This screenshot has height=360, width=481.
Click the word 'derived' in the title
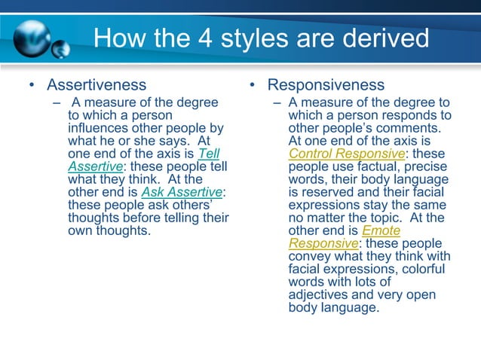[x=388, y=38]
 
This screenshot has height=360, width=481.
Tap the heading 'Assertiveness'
[x=97, y=84]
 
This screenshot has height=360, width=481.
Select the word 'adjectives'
[x=318, y=295]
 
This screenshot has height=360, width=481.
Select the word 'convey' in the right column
[x=310, y=257]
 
